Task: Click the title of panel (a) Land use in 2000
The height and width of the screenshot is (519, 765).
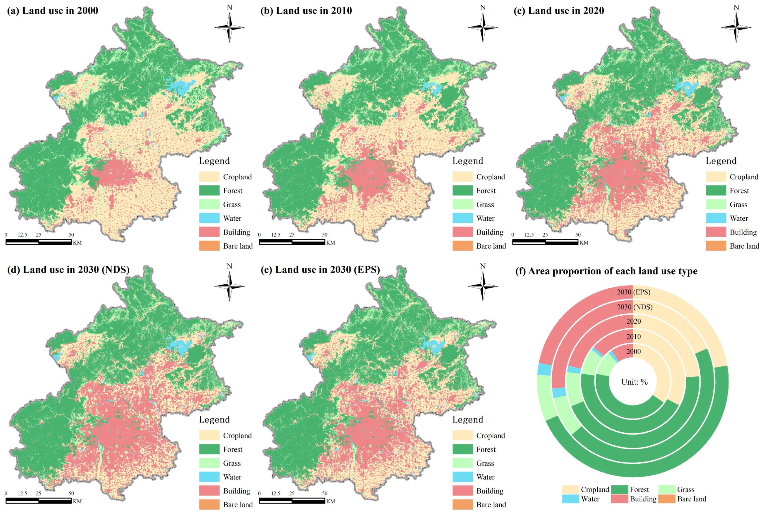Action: [53, 11]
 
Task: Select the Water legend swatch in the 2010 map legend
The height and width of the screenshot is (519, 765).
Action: [463, 218]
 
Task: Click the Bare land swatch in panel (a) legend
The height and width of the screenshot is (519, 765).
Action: [209, 246]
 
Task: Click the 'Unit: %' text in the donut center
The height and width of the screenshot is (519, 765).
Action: [634, 382]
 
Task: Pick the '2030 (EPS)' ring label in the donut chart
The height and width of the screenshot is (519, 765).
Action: [633, 292]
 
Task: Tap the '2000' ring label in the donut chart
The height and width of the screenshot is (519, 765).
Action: [633, 352]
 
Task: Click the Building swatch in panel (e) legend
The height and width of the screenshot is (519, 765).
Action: [463, 491]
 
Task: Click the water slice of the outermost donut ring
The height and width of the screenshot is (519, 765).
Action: [544, 369]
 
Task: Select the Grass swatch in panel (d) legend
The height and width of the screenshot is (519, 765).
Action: [209, 463]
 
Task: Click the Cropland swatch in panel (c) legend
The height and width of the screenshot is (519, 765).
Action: [716, 177]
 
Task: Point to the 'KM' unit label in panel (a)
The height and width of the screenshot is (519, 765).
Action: [77, 243]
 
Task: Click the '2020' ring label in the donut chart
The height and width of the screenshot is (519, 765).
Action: [633, 321]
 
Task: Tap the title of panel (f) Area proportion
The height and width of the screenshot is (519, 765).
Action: [606, 271]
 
